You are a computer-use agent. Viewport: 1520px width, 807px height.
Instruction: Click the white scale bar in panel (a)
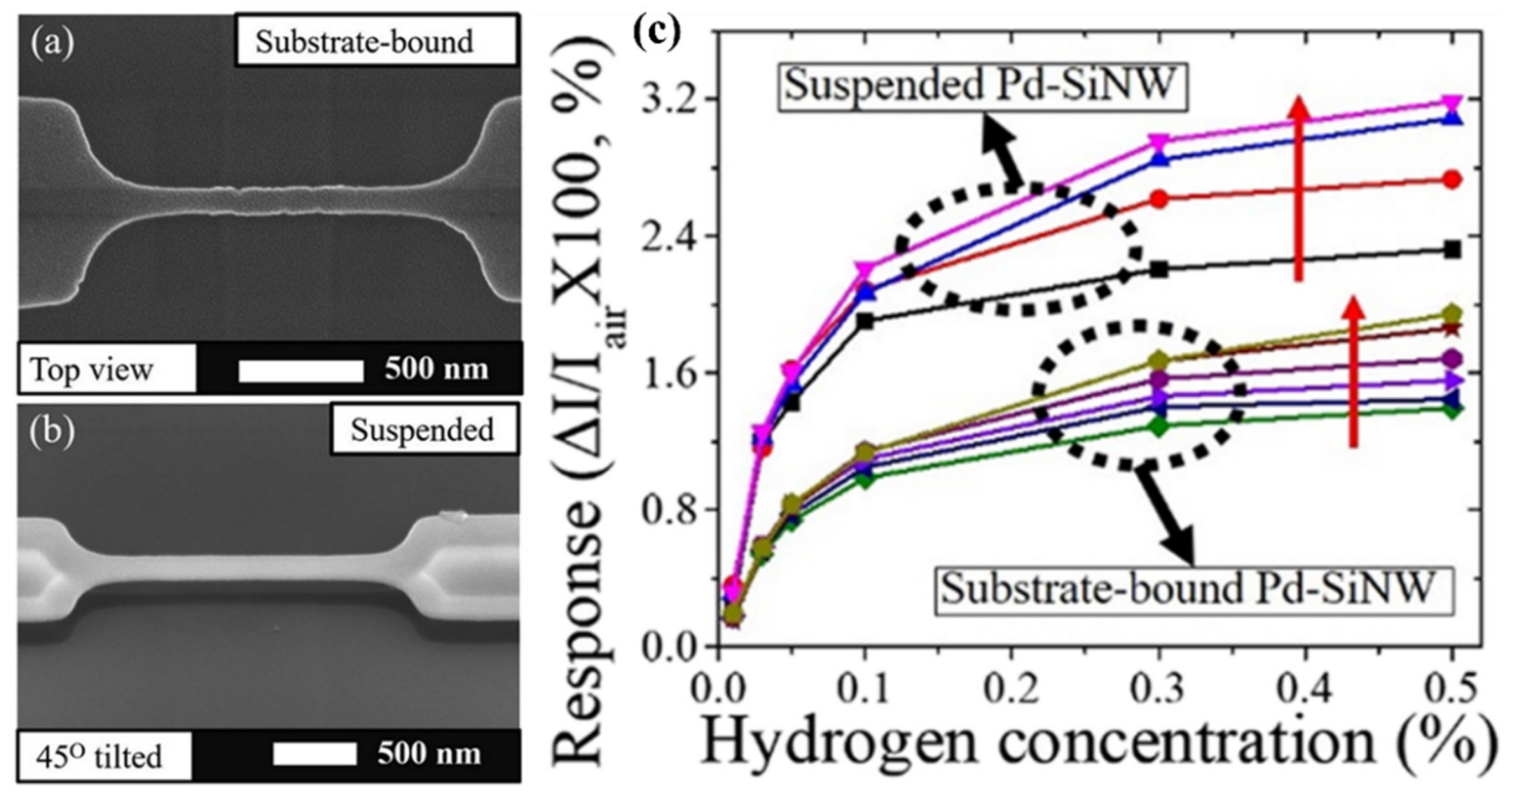point(301,370)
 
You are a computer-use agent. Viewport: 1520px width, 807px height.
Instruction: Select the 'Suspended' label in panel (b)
point(424,429)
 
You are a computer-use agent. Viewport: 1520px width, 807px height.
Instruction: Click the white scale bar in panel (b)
point(314,754)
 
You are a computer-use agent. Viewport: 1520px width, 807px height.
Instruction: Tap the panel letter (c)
point(657,34)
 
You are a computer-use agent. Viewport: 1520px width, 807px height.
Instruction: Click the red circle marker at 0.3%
point(1159,199)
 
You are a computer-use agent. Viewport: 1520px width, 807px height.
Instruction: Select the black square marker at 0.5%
point(1452,249)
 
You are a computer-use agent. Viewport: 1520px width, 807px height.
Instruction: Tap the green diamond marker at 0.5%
point(1452,409)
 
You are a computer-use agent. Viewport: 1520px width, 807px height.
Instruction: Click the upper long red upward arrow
point(1299,189)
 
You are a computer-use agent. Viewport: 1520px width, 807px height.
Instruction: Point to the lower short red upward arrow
point(1354,371)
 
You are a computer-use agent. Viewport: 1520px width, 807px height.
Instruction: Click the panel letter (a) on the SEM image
point(52,43)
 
